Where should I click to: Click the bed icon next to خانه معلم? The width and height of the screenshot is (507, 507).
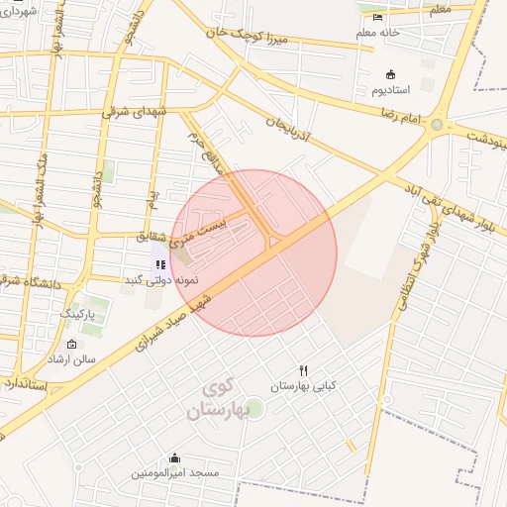[377, 17]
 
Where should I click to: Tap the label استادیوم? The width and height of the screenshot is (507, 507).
[390, 91]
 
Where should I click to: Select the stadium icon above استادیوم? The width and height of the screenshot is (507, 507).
[390, 74]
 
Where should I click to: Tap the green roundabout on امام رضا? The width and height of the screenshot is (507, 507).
[437, 125]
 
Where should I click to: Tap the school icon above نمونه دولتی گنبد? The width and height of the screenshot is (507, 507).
[160, 263]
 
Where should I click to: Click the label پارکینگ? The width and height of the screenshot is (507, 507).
[81, 313]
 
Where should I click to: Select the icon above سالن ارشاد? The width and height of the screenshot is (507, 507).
[71, 344]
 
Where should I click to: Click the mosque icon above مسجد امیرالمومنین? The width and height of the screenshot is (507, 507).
[175, 457]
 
